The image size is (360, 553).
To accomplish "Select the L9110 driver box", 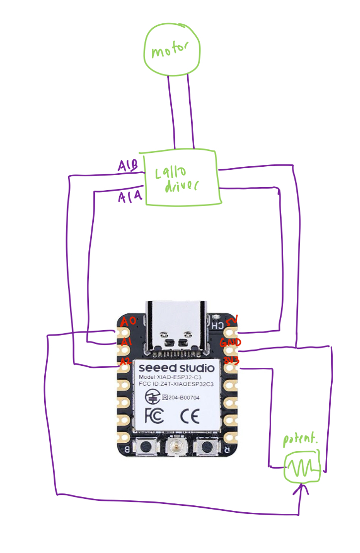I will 181,178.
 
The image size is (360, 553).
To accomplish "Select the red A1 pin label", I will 126,342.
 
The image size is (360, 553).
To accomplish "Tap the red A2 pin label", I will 125,361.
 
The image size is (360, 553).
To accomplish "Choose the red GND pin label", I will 231,343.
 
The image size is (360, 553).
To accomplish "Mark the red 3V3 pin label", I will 231,361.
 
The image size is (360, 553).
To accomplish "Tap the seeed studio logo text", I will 176,368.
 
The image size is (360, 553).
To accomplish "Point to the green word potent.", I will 299,440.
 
